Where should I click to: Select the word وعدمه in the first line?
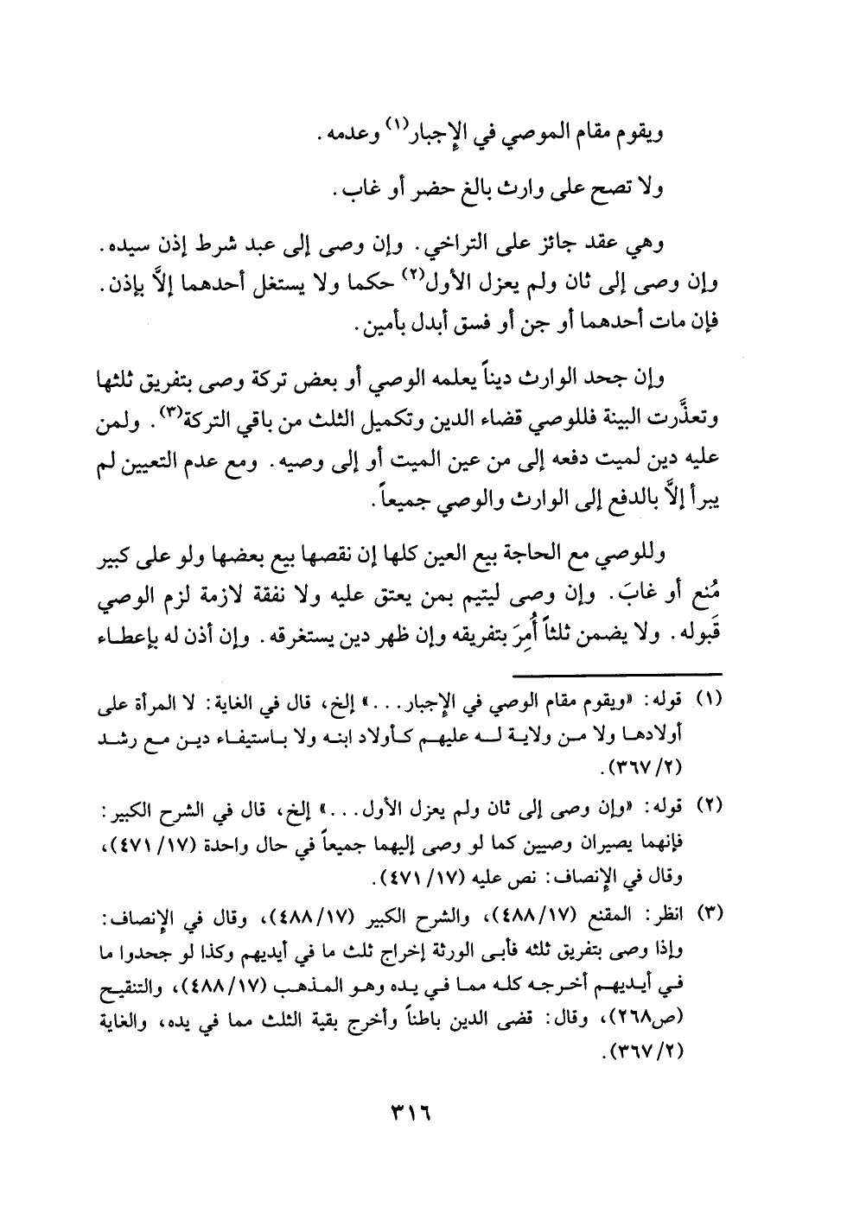point(349,134)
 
